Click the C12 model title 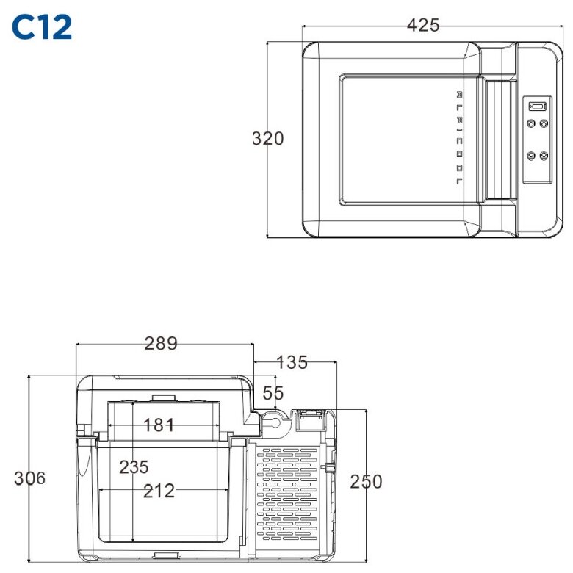42,26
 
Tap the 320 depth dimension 267,138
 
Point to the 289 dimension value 161,343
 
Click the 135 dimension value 292,362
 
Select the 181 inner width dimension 159,425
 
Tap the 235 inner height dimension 133,466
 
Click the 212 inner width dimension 159,491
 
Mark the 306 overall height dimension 29,478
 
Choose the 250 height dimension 366,481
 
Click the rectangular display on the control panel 537,106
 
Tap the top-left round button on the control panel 530,123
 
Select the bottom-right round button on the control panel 544,156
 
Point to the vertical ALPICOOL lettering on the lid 459,138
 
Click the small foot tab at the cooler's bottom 166,558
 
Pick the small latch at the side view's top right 308,419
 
